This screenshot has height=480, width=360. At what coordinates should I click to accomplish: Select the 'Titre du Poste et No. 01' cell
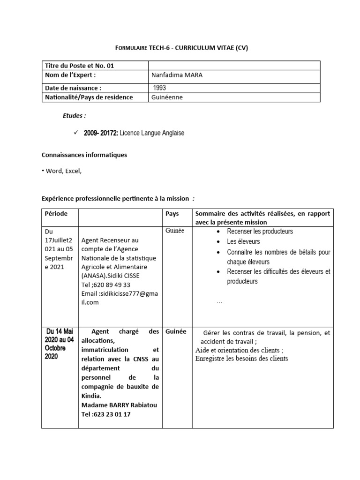tap(79, 66)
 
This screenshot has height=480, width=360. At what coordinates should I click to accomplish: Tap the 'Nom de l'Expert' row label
tap(70, 75)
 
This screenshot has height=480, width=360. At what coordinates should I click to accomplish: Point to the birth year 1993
tap(159, 88)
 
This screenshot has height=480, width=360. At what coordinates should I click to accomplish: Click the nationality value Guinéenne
tap(167, 97)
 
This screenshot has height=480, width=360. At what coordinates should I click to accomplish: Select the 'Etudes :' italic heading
tap(75, 116)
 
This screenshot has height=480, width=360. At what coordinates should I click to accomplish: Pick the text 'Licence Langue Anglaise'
tap(152, 133)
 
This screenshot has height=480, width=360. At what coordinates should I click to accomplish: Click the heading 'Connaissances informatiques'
tap(84, 155)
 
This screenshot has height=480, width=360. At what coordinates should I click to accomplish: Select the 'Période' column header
tap(56, 214)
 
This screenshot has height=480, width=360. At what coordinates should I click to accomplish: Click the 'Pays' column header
tap(172, 214)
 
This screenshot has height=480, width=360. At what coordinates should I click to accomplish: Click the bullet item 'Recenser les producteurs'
tap(260, 232)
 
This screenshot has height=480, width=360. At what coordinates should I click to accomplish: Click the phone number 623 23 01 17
tap(105, 414)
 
